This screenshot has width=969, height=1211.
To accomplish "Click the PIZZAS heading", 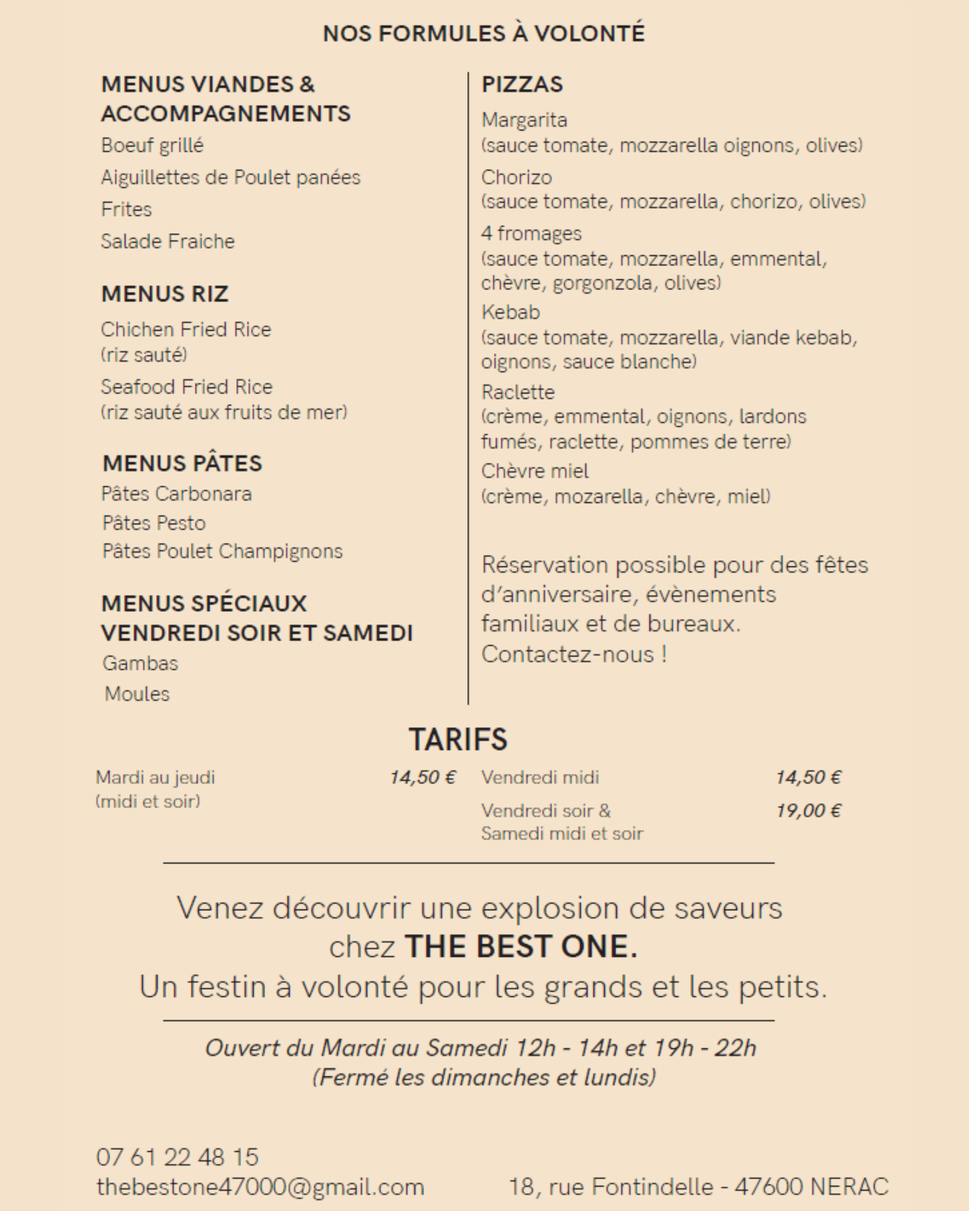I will pos(522,84).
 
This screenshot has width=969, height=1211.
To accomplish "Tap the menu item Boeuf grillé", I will pos(152,145).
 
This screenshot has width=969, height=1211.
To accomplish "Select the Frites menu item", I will pos(126,209).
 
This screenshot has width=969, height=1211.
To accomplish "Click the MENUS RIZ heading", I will pos(164,294).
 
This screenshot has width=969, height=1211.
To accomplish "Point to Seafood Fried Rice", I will pos(186,387).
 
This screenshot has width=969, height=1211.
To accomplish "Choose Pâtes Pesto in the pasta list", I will pos(154,523).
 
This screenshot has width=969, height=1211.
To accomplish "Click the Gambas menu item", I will pos(140,663).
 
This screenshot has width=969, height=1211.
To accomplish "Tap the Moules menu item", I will pos(137,694).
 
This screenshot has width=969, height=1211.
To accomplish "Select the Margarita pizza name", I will pos(524,120).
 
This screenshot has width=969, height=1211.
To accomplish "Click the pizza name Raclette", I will pos(518,392).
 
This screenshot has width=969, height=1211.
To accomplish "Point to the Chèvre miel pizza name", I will pos(535,471).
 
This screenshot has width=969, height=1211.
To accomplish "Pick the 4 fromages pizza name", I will pos(531,233).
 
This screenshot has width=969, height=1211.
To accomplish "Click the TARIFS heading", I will pos(458,739).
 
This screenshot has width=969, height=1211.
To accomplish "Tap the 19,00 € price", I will pos(808,811).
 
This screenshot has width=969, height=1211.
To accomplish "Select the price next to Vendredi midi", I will pos(808,777).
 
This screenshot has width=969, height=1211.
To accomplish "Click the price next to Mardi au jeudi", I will pos(422,777).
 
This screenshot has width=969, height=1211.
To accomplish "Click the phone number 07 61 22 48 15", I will pos(177,1157).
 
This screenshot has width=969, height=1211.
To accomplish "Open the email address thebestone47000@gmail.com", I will pos(260,1187).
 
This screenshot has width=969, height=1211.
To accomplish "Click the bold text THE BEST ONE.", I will pos(521,947).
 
